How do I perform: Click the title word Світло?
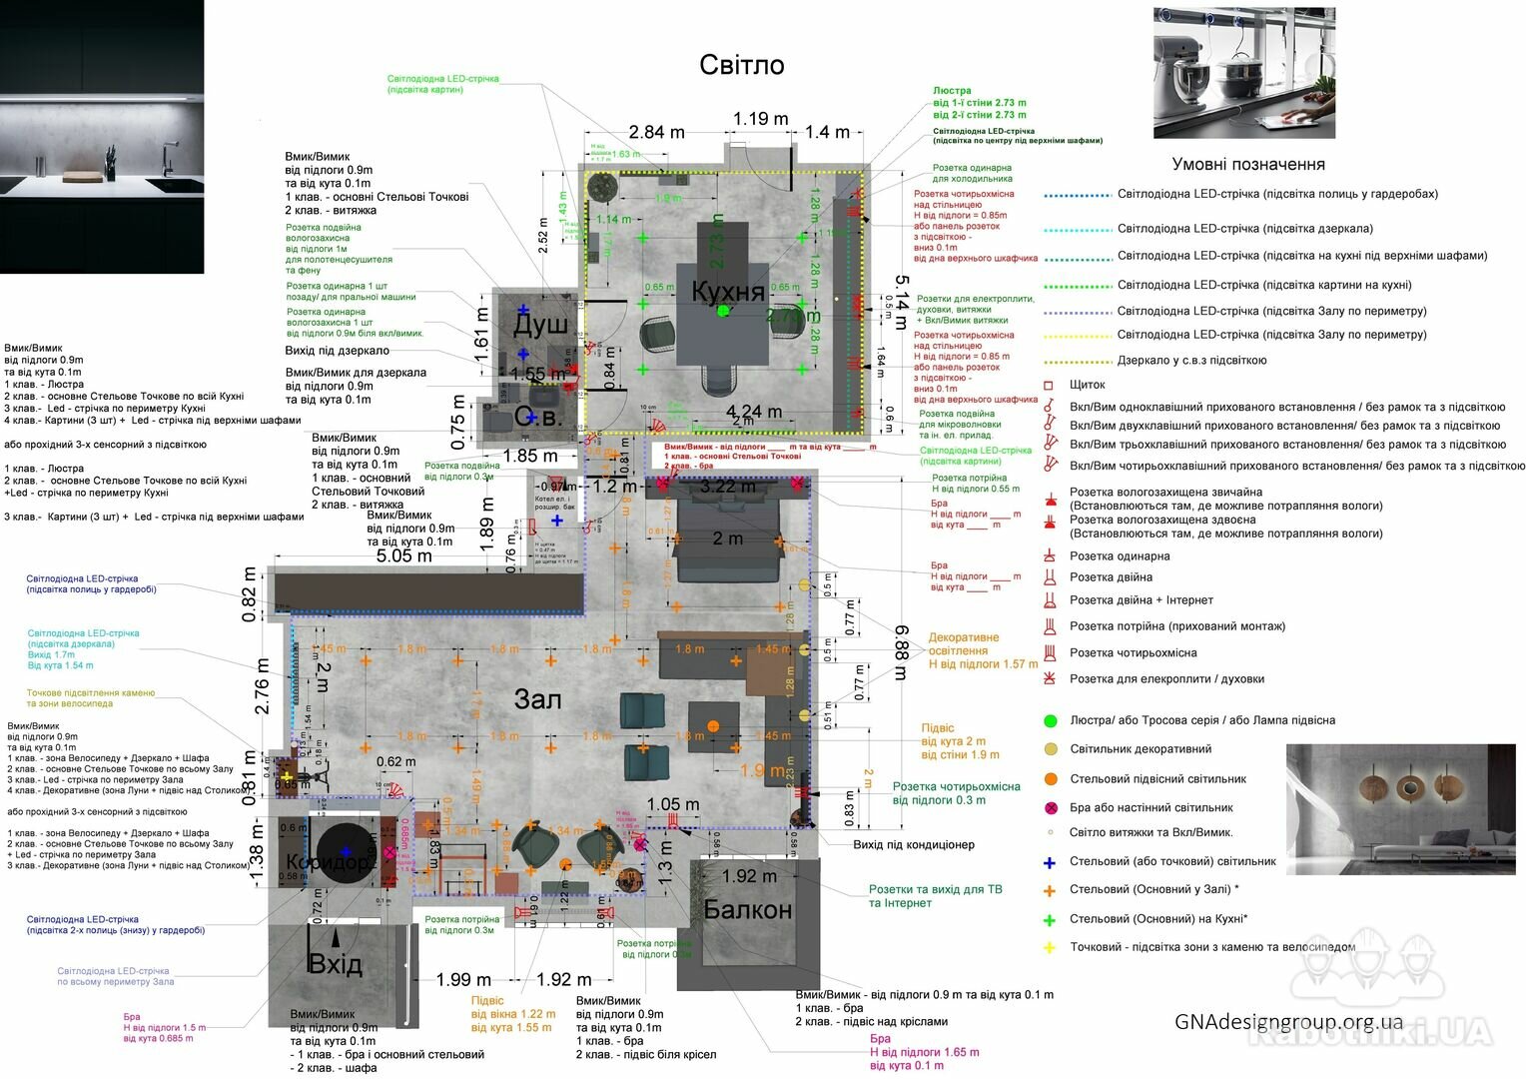tap(741, 65)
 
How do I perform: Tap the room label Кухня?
tap(728, 292)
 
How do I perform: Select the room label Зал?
tap(537, 699)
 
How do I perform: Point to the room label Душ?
tap(540, 325)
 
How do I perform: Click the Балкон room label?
tap(747, 910)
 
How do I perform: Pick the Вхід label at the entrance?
tap(335, 965)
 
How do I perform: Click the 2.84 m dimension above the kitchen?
tap(656, 132)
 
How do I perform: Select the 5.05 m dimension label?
tap(403, 555)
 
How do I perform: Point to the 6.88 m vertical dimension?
tap(902, 652)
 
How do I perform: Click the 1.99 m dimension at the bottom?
tap(463, 980)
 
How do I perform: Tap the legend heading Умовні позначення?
tap(1248, 165)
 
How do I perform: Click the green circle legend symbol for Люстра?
tap(1050, 720)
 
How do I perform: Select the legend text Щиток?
tap(1087, 385)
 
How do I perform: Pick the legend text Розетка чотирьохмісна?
tap(1133, 653)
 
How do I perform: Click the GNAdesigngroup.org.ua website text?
tap(1288, 1022)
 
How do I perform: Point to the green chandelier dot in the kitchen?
tap(723, 311)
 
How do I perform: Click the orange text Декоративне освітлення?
tap(963, 644)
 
